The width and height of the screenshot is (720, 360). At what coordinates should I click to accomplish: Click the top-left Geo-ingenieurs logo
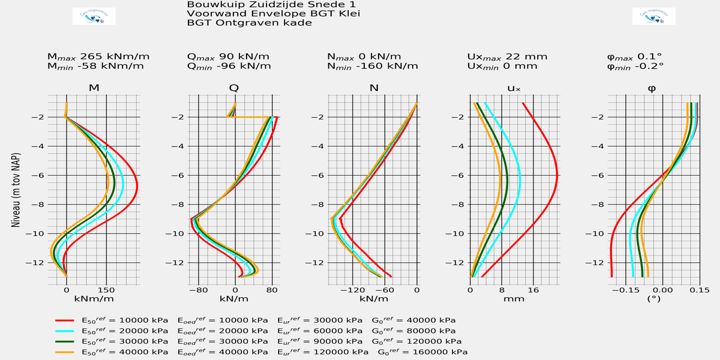(94, 16)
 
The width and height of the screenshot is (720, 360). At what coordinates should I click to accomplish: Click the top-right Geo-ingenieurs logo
(654, 16)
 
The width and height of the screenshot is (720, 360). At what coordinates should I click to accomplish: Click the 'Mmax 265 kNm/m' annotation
(98, 56)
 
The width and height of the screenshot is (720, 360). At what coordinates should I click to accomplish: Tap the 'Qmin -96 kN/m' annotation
(229, 66)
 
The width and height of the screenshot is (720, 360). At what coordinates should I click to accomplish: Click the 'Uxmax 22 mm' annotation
(507, 56)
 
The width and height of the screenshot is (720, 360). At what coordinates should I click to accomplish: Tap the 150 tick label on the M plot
(106, 289)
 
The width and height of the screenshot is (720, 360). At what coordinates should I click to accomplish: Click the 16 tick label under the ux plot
(533, 289)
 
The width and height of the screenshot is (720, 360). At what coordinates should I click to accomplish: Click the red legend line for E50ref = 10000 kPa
(64, 320)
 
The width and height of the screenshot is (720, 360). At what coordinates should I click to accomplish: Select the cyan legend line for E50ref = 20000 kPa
(64, 331)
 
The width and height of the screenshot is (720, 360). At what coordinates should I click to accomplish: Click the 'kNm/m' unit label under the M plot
(94, 298)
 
